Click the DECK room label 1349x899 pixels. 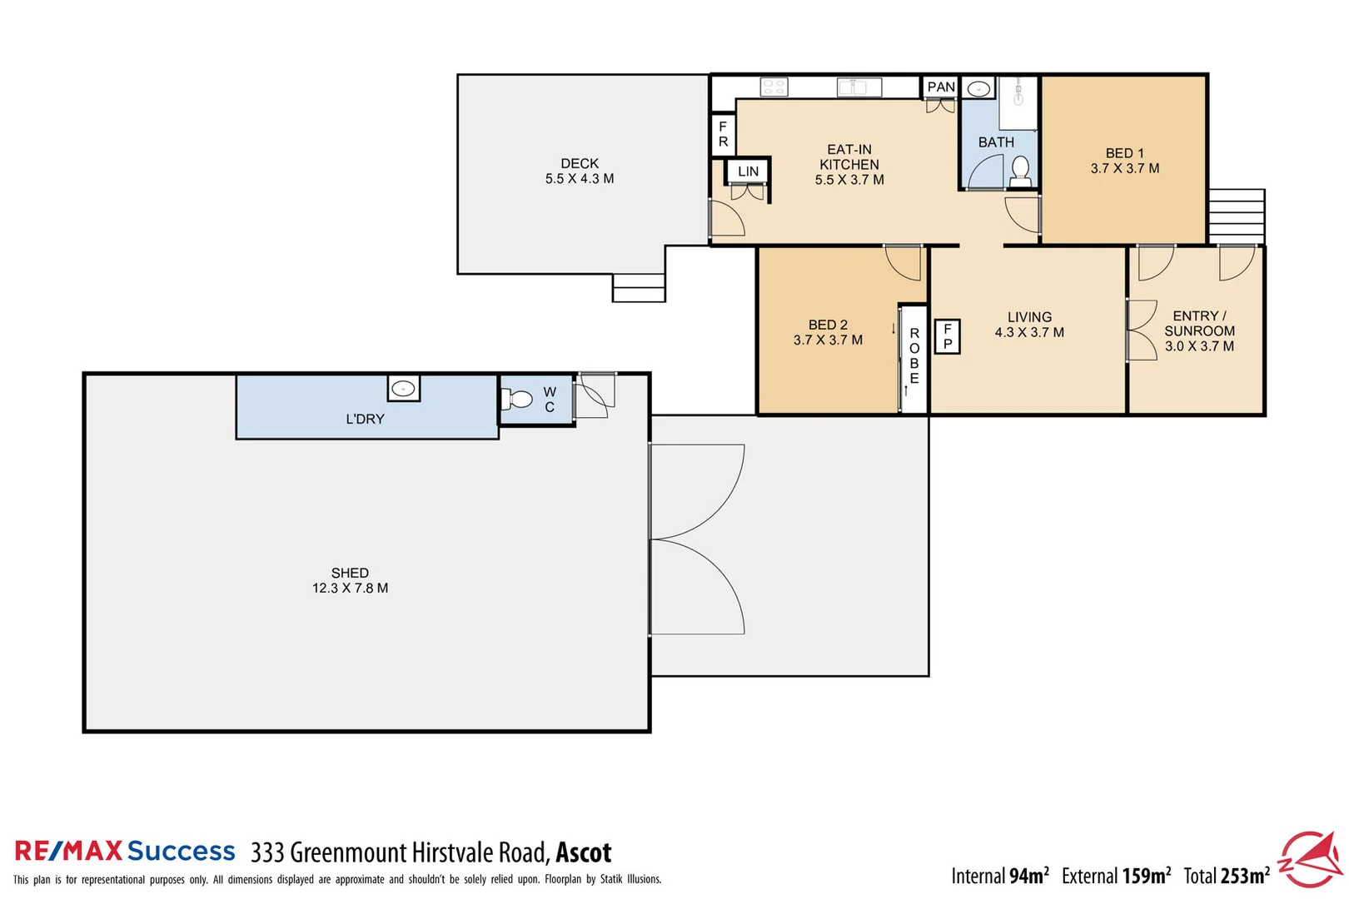580,164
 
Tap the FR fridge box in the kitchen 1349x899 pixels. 723,134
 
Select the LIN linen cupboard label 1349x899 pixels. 748,171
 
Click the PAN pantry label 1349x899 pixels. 941,87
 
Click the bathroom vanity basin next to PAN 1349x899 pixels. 980,88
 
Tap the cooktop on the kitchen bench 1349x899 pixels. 774,87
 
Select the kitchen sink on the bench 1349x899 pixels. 859,87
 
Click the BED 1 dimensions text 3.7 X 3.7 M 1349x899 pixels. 1124,168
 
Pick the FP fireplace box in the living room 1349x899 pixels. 947,336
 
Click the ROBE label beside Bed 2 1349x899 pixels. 913,356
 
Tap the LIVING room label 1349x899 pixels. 1029,317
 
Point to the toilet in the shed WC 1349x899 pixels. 517,400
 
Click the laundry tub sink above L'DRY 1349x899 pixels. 403,388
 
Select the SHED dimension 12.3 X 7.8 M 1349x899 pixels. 350,588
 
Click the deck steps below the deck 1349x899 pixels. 639,288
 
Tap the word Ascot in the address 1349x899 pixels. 583,852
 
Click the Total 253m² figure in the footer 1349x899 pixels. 1227,876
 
